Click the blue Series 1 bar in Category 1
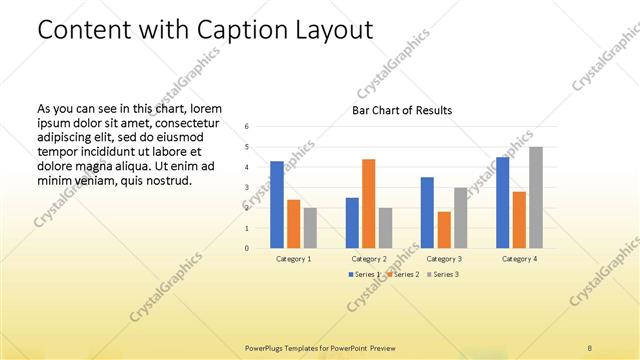click(x=277, y=204)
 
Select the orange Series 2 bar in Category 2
click(x=369, y=203)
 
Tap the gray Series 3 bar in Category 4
click(x=536, y=197)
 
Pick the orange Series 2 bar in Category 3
click(x=444, y=229)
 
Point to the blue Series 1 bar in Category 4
click(x=503, y=202)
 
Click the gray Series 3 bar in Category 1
click(x=310, y=227)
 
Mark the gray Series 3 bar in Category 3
click(x=460, y=217)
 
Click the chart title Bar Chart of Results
click(x=402, y=110)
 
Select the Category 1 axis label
click(x=293, y=259)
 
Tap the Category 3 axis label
click(x=443, y=259)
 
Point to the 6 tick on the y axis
click(x=247, y=127)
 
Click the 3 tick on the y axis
click(x=247, y=187)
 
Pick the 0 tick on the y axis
click(x=247, y=248)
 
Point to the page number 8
click(x=590, y=347)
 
